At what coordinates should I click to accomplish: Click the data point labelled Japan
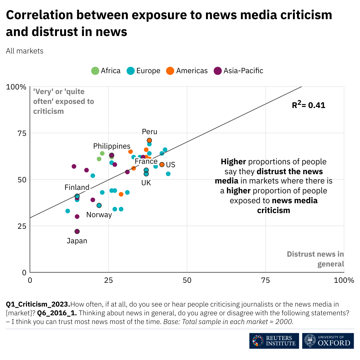[x=77, y=231]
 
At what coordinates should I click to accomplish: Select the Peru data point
[x=149, y=141]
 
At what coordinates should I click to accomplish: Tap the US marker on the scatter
[x=162, y=165]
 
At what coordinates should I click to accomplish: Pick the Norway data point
[x=99, y=206]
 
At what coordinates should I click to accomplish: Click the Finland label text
[x=77, y=188]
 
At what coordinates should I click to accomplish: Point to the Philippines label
[x=112, y=146]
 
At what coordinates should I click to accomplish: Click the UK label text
[x=146, y=183]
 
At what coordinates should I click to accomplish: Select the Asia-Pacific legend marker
[x=217, y=71]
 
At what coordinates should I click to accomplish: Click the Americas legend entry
[x=187, y=71]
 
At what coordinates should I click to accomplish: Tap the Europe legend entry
[x=144, y=71]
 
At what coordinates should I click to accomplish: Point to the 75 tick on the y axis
[x=22, y=133]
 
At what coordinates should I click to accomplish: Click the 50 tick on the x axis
[x=187, y=280]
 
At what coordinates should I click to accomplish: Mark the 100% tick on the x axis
[x=344, y=280]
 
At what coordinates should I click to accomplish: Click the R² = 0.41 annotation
[x=309, y=105]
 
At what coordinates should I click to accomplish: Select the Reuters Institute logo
[x=274, y=341]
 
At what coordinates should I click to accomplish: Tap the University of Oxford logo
[x=328, y=341]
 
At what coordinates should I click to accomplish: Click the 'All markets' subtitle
[x=25, y=51]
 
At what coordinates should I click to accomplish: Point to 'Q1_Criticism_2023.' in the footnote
[x=38, y=304]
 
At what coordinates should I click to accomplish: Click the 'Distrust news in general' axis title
[x=316, y=259]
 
